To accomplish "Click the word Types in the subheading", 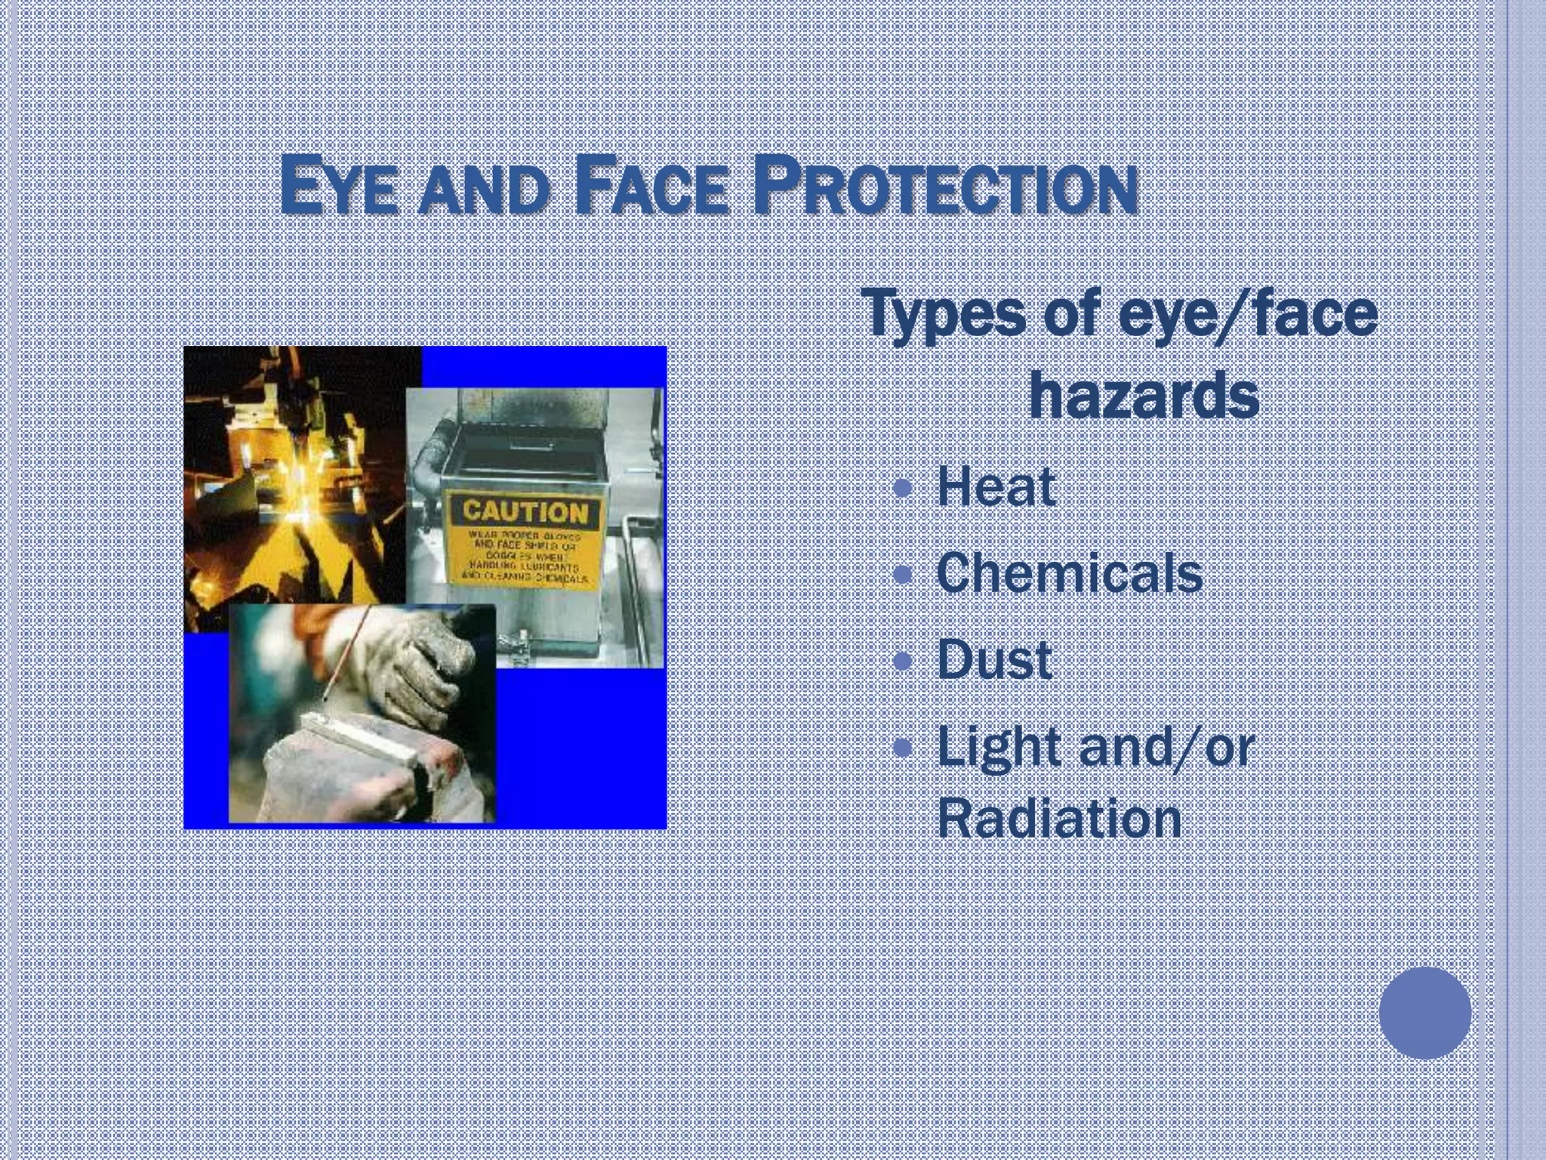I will click(943, 316).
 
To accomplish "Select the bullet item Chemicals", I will click(1069, 573).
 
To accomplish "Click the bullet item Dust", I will click(994, 660).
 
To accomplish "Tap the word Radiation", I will click(1059, 819).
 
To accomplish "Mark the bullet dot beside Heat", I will click(903, 488).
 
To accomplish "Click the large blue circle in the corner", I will click(1424, 1013).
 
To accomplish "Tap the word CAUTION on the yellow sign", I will click(525, 511).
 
